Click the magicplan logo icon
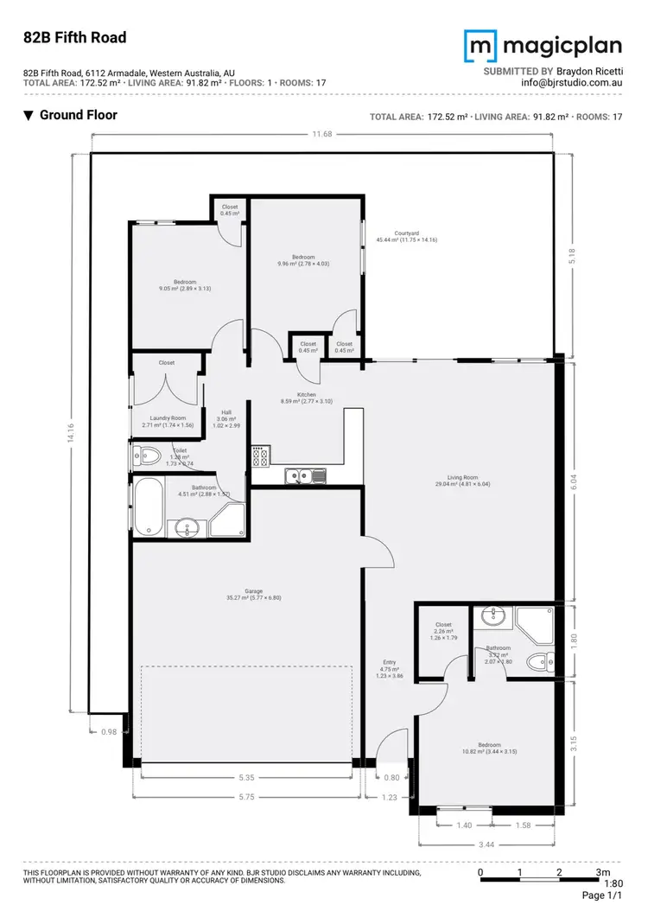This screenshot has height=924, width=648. click(x=480, y=45)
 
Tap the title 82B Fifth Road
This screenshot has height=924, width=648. click(x=75, y=37)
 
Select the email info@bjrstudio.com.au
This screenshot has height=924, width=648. click(x=571, y=83)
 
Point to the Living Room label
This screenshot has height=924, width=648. click(x=462, y=476)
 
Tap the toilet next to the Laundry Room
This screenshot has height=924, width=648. click(x=149, y=455)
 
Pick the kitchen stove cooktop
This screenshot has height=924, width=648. click(x=260, y=456)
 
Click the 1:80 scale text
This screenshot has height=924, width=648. click(x=613, y=883)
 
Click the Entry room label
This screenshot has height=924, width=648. click(x=390, y=664)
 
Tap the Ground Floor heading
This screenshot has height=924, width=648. click(x=78, y=115)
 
